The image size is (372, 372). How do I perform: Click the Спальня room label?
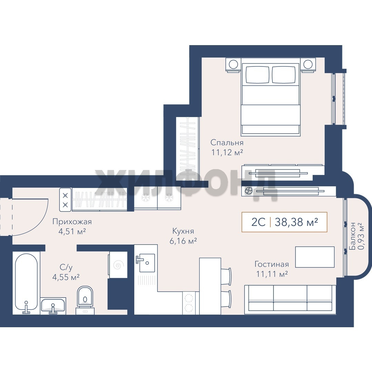(227, 143)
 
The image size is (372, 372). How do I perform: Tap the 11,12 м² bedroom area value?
(227, 152)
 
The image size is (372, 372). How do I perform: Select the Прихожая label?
(72, 221)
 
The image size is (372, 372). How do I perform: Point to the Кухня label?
(183, 231)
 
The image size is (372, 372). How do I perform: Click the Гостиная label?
(272, 264)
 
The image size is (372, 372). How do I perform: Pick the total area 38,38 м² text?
(296, 222)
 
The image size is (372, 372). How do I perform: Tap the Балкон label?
(352, 236)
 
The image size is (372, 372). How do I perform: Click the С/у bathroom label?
(66, 267)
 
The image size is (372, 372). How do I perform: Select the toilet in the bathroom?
(85, 300)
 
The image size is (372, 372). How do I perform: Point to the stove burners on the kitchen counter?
(189, 302)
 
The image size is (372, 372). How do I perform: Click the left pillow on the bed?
(257, 74)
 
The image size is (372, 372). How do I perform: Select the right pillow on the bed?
(284, 74)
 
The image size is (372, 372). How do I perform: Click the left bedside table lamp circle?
(234, 64)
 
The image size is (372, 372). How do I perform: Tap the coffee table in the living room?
(315, 257)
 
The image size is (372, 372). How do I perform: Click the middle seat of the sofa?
(290, 298)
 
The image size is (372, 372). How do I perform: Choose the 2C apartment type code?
(258, 222)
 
